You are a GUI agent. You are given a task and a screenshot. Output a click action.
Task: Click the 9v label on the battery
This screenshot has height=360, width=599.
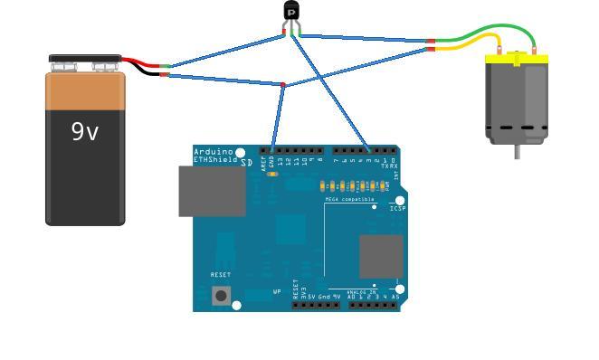pyautogui.click(x=85, y=132)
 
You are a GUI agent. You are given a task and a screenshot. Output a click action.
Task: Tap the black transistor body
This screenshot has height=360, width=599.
pyautogui.click(x=291, y=10)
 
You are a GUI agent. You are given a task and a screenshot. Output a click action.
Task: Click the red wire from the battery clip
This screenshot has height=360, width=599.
pyautogui.click(x=139, y=63)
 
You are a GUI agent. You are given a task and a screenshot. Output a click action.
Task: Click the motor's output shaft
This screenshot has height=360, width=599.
pyautogui.click(x=518, y=151)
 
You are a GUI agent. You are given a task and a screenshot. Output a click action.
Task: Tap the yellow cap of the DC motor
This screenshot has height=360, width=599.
pyautogui.click(x=517, y=59)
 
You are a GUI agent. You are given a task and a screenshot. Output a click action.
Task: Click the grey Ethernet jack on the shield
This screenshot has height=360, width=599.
pyautogui.click(x=212, y=191)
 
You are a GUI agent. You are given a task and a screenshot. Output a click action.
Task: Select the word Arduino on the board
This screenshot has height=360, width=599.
pyautogui.click(x=214, y=152)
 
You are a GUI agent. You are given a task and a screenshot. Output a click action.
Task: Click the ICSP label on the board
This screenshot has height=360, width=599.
pyautogui.click(x=397, y=209)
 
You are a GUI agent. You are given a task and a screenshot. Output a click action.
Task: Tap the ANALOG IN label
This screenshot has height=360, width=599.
pyautogui.click(x=362, y=291)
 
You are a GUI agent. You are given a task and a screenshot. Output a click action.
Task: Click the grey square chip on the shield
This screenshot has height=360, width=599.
pyautogui.click(x=381, y=256)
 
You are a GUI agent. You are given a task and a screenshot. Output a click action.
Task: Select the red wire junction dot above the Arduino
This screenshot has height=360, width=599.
pyautogui.click(x=283, y=85)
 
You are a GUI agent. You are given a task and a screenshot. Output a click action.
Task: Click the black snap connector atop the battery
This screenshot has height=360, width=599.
pyautogui.click(x=85, y=61)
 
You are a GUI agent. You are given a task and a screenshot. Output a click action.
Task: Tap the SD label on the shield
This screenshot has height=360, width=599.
pyautogui.click(x=246, y=163)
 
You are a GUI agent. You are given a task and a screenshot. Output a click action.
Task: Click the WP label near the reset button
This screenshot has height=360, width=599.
pyautogui.click(x=277, y=292)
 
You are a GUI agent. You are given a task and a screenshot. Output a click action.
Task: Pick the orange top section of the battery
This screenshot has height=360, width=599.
pyautogui.click(x=85, y=90)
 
